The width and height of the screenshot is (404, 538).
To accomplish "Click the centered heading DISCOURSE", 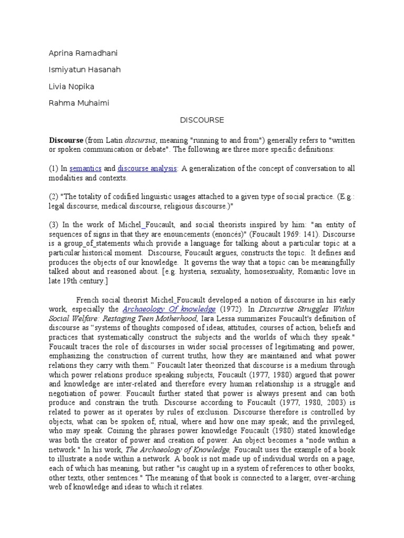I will tap(202, 120).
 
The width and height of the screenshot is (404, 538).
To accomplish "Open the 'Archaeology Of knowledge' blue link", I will tap(169, 309).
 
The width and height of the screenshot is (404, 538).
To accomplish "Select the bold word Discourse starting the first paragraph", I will tap(66, 140).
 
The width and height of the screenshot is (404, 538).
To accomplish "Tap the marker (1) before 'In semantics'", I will tap(54, 168).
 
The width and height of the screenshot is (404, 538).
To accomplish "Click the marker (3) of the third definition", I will tap(54, 225).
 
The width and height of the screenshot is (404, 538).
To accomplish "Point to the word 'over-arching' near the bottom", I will tap(331, 478).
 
